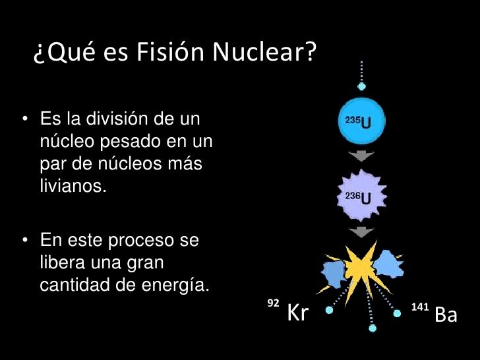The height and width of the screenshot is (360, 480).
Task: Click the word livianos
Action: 73,185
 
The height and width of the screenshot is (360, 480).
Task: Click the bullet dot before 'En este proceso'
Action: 24,240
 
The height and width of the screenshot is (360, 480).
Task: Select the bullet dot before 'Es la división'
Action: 24,121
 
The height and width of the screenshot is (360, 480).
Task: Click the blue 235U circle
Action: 361,122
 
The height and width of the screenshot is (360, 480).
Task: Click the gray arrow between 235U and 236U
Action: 361,156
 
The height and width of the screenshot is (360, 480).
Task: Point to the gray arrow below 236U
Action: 361,231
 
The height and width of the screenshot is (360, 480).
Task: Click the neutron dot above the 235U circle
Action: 361,86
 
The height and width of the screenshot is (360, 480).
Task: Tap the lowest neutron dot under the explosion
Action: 373,328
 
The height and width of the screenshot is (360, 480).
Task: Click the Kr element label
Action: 298,315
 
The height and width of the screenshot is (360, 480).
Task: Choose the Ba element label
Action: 446,315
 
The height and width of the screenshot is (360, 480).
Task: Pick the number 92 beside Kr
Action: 272,303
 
